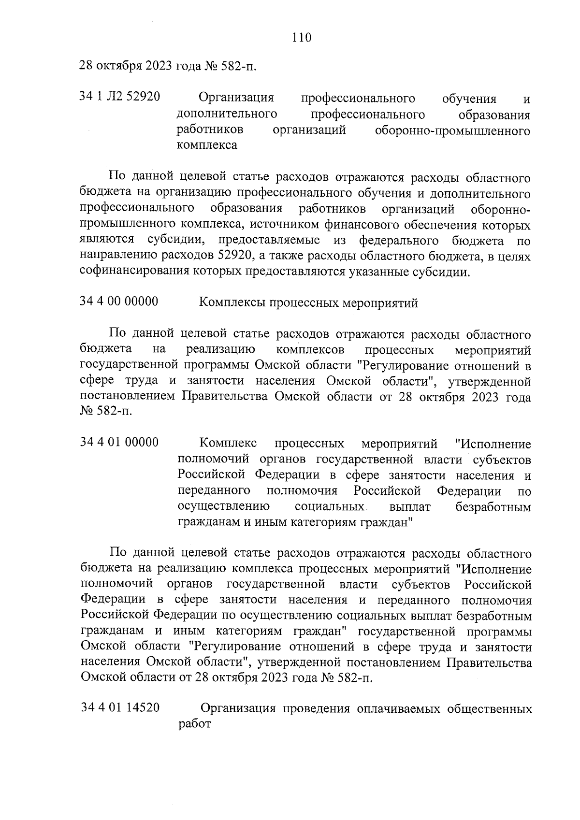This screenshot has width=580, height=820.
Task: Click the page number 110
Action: coord(302,37)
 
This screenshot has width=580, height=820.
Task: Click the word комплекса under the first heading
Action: coord(207,145)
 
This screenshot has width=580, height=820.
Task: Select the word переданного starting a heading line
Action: coord(214,491)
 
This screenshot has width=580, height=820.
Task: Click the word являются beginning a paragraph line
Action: coord(107,241)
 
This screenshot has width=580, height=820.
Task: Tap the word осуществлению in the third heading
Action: coord(223,507)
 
